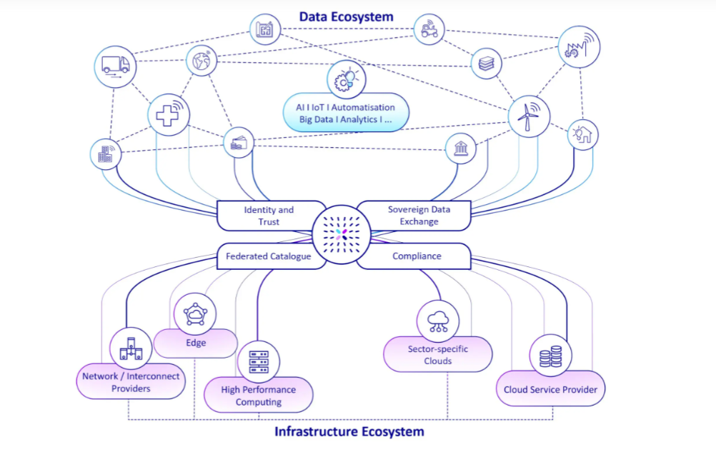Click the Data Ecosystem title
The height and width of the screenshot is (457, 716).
tap(346, 16)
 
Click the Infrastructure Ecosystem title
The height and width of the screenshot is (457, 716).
tap(349, 431)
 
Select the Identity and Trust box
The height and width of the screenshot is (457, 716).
tap(269, 216)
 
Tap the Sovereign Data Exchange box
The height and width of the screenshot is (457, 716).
tap(417, 216)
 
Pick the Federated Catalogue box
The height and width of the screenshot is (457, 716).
tap(268, 256)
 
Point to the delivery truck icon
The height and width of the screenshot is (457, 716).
tap(115, 66)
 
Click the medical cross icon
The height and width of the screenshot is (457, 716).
tap(168, 114)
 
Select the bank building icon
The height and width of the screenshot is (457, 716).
tap(461, 149)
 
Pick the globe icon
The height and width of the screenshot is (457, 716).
tap(202, 61)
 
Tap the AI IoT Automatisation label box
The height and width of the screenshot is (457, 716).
tap(346, 114)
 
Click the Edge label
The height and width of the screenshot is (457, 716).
tap(196, 343)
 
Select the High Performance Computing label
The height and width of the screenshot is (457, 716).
tap(258, 396)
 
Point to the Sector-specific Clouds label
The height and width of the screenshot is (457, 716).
tap(438, 355)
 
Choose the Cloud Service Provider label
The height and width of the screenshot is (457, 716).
tap(550, 390)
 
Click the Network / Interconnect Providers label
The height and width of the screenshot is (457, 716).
tap(131, 382)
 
